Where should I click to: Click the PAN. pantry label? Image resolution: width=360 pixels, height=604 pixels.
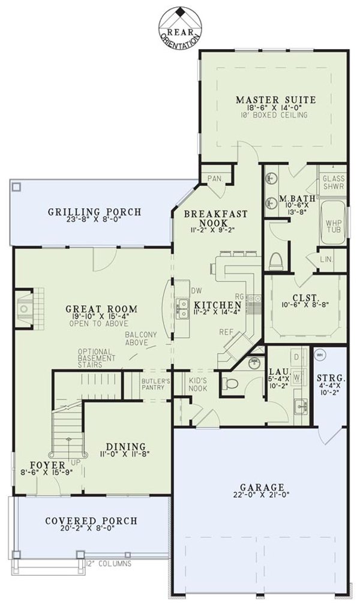[214, 178]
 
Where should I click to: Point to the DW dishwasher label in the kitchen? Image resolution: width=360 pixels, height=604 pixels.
[196, 291]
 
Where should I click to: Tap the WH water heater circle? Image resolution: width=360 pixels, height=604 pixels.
[320, 354]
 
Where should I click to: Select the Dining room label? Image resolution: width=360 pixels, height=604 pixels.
[126, 446]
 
